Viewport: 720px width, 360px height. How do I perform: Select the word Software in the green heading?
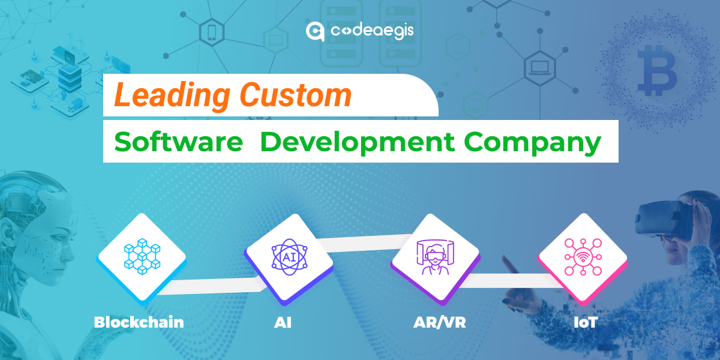(x=178, y=142)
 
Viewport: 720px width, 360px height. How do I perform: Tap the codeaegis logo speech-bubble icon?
(x=315, y=31)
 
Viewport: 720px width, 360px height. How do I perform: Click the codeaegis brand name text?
(x=371, y=31)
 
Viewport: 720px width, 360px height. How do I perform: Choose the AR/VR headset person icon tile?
(x=436, y=257)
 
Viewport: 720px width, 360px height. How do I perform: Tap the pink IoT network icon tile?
(x=582, y=257)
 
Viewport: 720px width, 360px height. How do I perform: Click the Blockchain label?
(x=139, y=322)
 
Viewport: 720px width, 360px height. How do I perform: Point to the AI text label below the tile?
(x=283, y=322)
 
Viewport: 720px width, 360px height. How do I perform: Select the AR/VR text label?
(x=439, y=322)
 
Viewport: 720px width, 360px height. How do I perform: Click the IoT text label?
(x=585, y=322)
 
